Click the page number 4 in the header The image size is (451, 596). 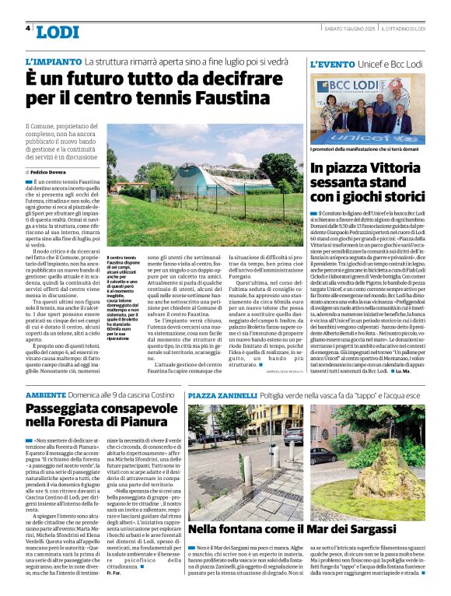click(28, 29)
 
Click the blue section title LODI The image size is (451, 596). click(57, 32)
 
